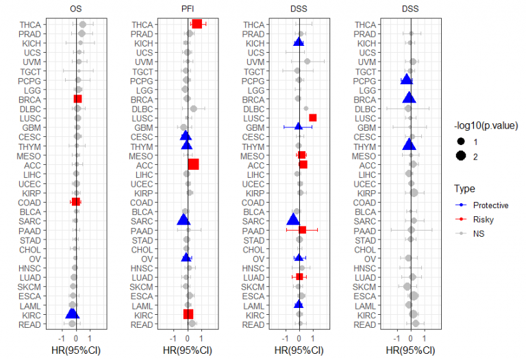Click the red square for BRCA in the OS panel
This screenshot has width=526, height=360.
pos(77,99)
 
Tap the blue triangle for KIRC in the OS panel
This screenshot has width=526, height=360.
pos(72,313)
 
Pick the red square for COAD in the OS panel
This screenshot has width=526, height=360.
pos(76,202)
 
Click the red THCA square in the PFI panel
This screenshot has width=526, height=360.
pos(197,24)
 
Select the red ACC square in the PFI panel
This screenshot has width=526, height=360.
pos(194,164)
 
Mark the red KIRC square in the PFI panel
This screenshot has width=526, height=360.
pos(188,314)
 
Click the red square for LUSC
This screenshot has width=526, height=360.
pos(313,118)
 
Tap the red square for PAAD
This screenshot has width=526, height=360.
pos(303,230)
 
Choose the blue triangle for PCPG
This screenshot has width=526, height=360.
pos(406,80)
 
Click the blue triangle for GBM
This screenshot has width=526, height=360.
pos(299,127)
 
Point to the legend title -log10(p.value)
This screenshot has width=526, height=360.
pos(484,126)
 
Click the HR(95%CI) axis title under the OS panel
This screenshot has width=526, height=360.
pos(77,349)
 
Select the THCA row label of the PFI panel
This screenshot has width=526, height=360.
pos(142,24)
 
